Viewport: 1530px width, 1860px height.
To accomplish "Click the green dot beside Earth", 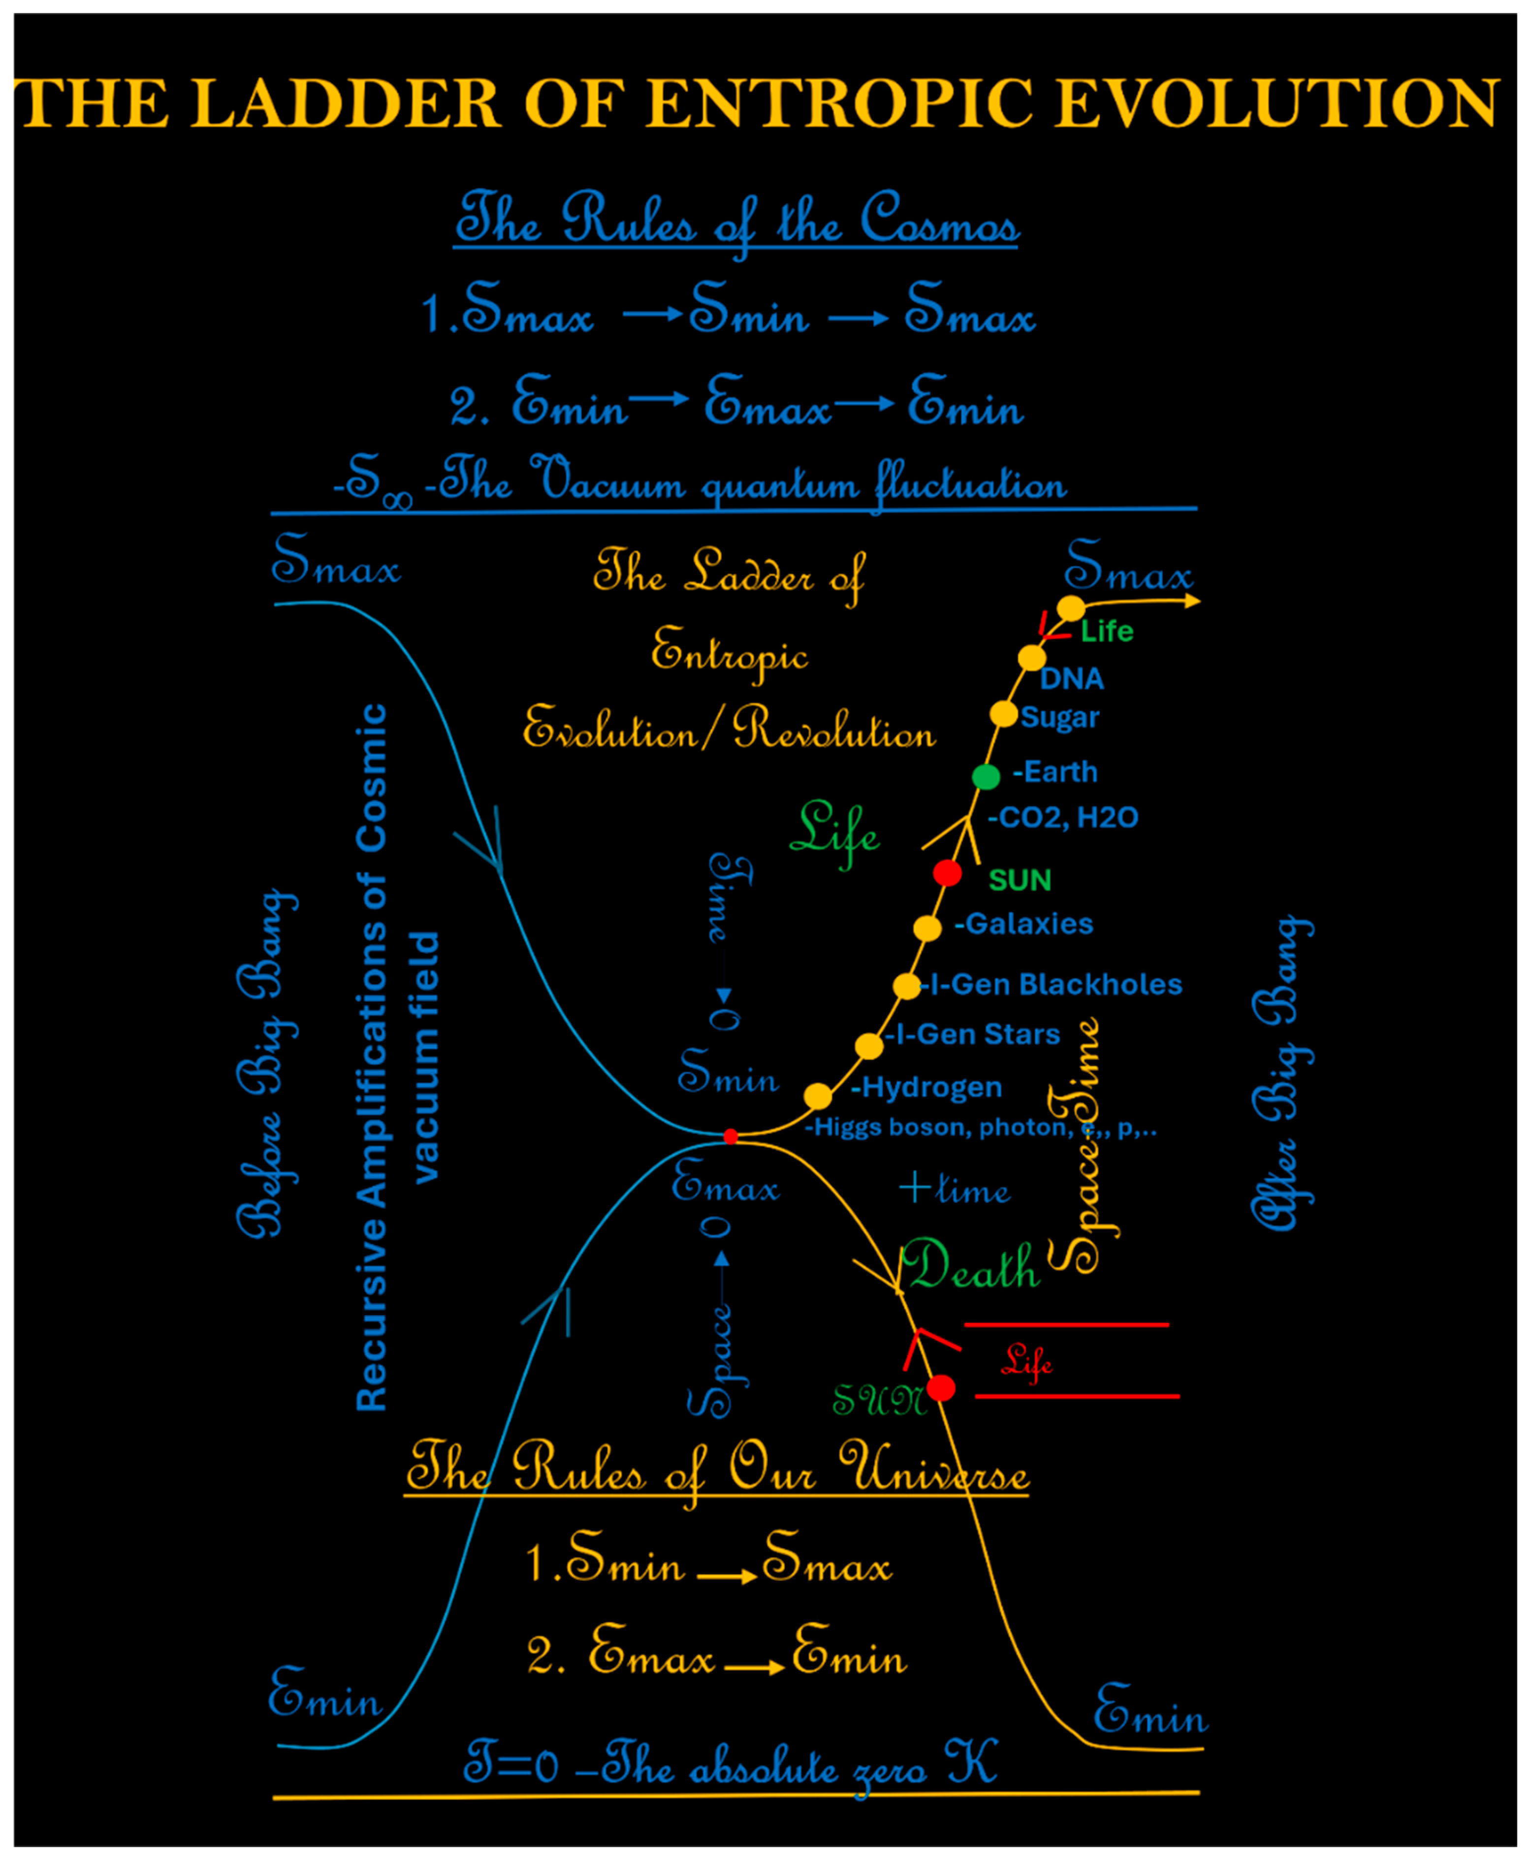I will pos(986,776).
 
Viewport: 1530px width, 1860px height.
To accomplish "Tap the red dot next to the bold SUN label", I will pos(948,873).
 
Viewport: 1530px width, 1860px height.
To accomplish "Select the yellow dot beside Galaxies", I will pos(927,928).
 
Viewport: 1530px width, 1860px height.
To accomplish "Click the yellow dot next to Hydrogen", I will pos(818,1096).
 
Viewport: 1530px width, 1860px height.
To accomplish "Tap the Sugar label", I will pos(1060,717).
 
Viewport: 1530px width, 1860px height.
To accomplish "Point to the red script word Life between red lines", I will pos(1027,1361).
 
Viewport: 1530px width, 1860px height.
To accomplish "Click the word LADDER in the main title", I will pos(356,103).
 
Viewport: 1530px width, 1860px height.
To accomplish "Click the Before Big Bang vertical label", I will pos(267,1062).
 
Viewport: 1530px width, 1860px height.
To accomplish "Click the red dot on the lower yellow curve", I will pos(941,1387).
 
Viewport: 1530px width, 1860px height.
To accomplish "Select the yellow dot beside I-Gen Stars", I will pos(869,1046).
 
